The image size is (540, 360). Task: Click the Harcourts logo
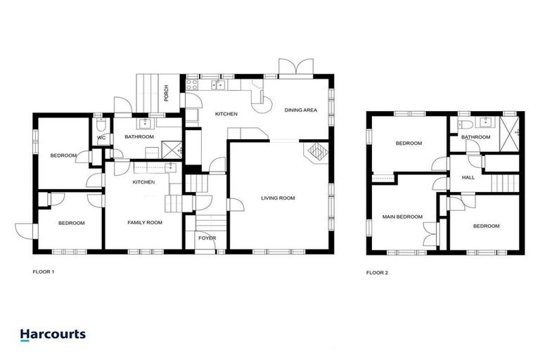53,334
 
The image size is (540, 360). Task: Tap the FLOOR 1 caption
43,271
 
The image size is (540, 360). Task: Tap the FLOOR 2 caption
377,271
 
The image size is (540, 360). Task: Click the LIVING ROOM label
278,198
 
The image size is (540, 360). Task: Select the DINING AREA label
300,110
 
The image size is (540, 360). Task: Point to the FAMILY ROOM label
145,222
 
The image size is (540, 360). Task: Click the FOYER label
207,238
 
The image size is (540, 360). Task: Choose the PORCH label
166,94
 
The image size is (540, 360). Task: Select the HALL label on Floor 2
468,177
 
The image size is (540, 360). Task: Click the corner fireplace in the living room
315,151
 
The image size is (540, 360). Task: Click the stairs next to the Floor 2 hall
504,184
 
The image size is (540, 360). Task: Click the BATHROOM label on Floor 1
139,137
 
